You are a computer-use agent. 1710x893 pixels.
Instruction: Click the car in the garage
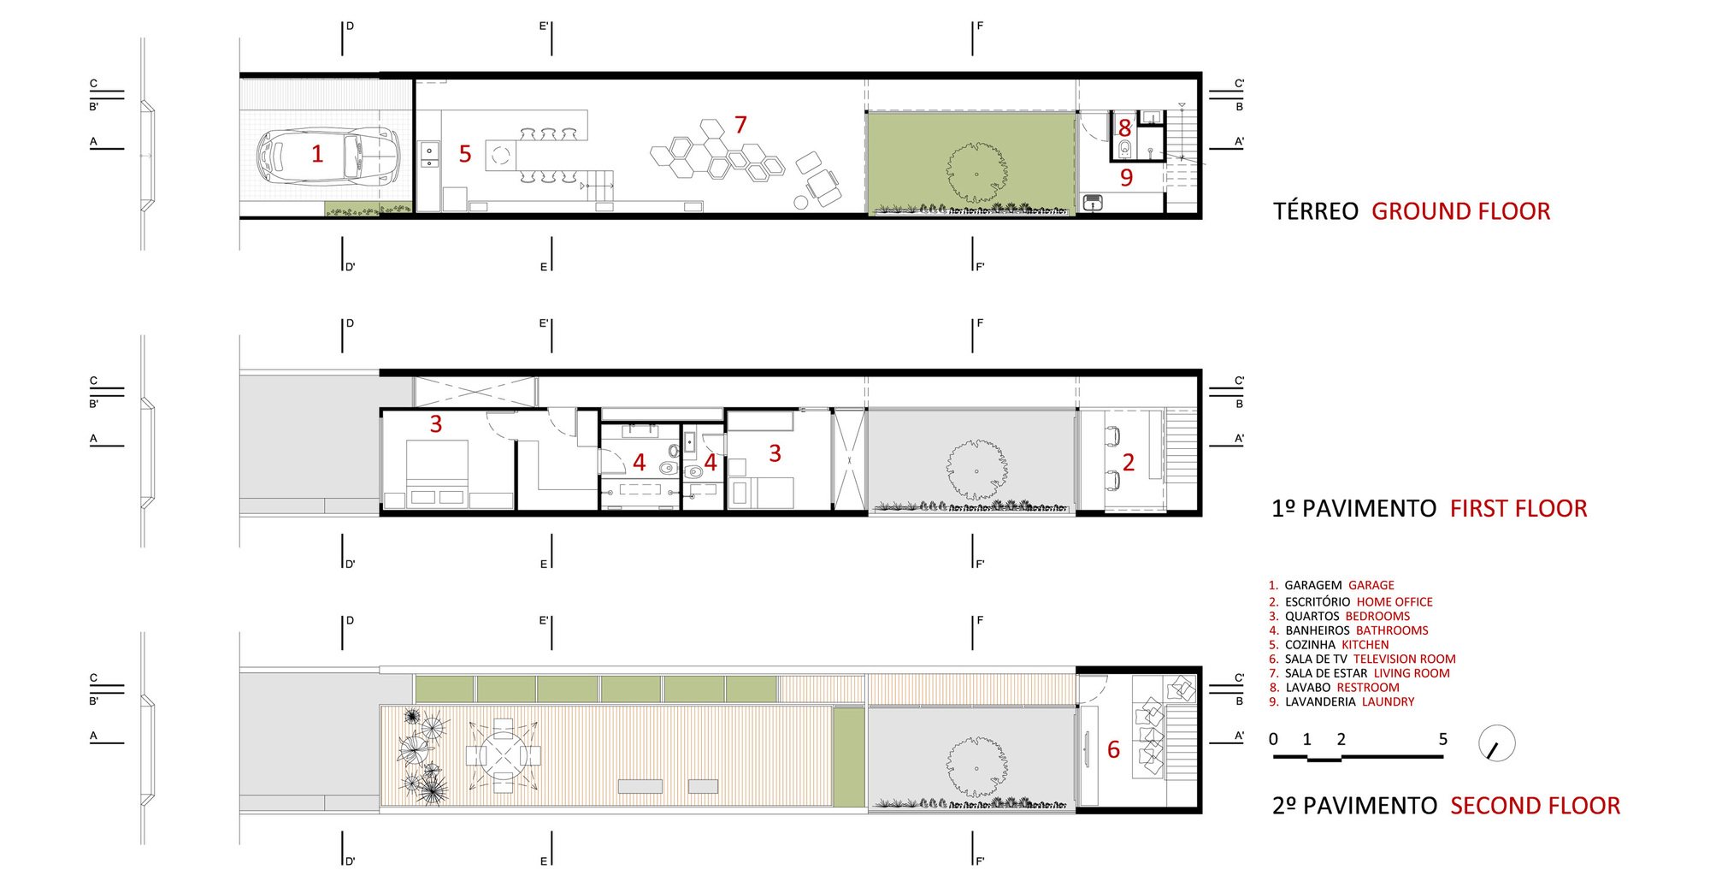[328, 156]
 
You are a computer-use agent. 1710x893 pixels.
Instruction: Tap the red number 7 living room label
[740, 125]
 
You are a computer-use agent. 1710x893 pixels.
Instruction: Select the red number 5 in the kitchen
[465, 154]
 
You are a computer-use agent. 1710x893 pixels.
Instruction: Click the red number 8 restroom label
[1125, 128]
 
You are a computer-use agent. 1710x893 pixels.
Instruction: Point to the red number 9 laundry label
[1127, 177]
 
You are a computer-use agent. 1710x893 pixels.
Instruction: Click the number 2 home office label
[1129, 463]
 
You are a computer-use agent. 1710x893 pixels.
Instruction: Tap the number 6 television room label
[1113, 749]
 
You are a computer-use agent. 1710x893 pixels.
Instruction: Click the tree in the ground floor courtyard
[976, 173]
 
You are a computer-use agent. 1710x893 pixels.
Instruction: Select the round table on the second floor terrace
[504, 755]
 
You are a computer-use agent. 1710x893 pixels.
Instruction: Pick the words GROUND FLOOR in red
[1461, 211]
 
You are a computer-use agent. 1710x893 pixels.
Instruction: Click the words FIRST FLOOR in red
[1518, 508]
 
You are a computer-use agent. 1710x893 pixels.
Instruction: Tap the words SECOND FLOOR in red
[1536, 806]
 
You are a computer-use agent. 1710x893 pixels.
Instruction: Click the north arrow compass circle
[1497, 743]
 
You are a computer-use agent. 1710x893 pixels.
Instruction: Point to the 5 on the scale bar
[1443, 739]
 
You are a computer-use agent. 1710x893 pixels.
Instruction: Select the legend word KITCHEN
[1365, 645]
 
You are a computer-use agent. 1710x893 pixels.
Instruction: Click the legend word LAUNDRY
[1389, 702]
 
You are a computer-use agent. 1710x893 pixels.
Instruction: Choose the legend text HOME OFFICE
[1395, 602]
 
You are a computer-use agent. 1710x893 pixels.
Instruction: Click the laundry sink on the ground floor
[1093, 203]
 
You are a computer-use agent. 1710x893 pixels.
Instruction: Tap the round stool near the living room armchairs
[801, 202]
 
